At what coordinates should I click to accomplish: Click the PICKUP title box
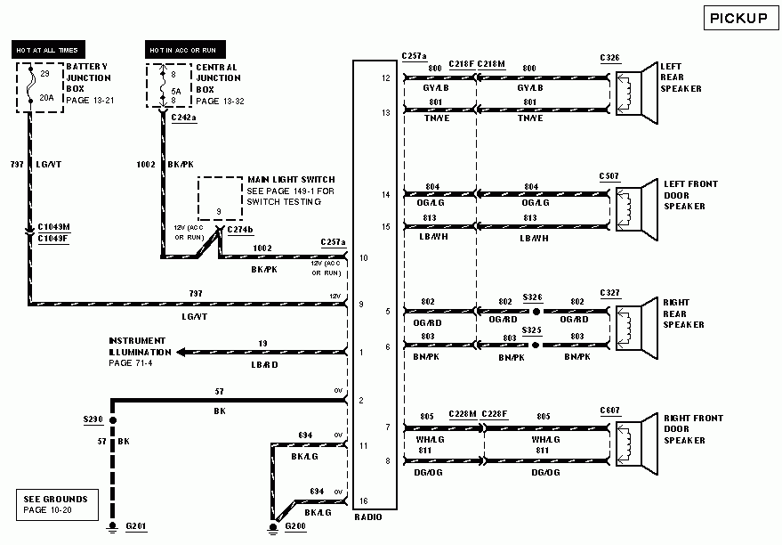pyautogui.click(x=738, y=18)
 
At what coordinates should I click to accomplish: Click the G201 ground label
pyautogui.click(x=135, y=527)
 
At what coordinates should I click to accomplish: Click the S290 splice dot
pyautogui.click(x=112, y=418)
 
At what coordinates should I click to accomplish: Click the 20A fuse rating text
pyautogui.click(x=46, y=99)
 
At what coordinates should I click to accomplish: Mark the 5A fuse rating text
pyautogui.click(x=174, y=89)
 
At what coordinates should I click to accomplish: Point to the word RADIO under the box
pyautogui.click(x=368, y=517)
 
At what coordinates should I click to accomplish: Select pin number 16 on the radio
pyautogui.click(x=362, y=501)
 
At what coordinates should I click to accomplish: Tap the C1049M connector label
pyautogui.click(x=53, y=228)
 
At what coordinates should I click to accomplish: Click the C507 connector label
pyautogui.click(x=609, y=176)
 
